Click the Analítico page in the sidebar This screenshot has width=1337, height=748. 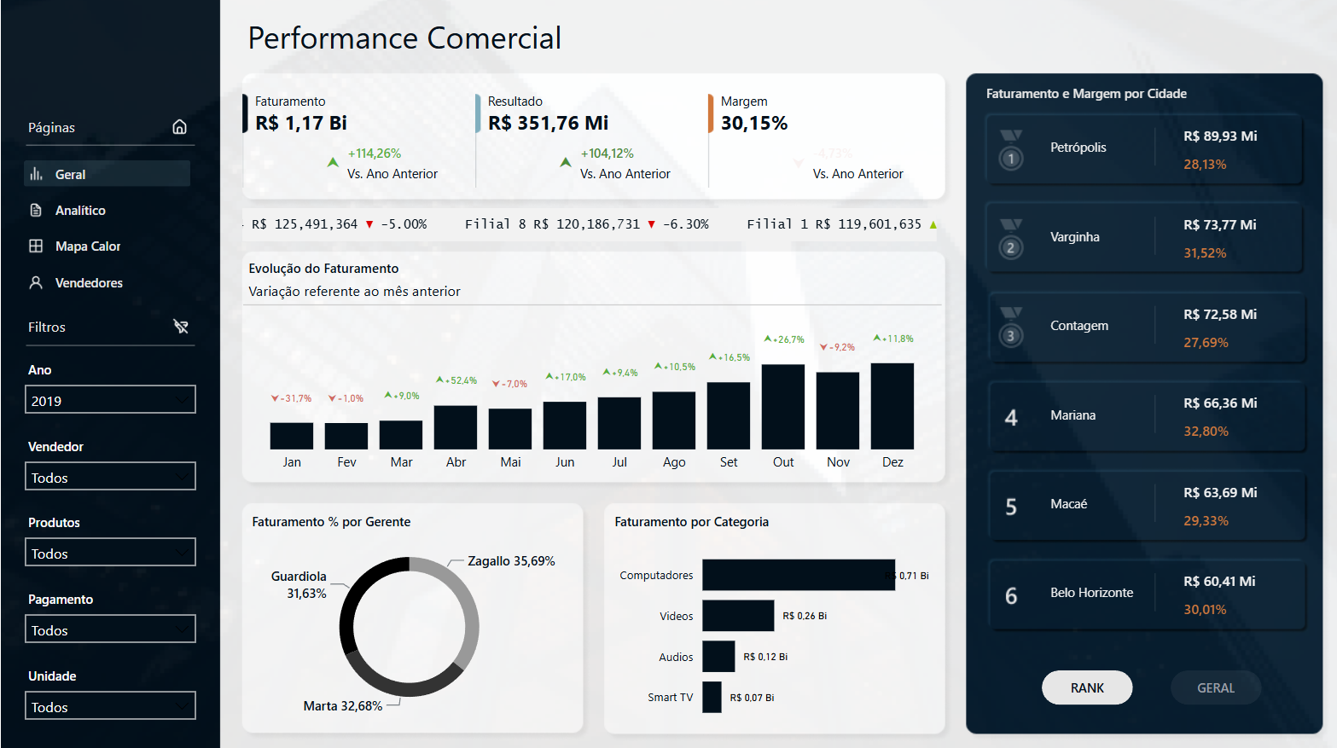79,211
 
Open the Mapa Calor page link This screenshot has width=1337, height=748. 87,246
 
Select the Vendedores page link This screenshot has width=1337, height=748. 88,283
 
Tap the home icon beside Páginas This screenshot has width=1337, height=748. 179,127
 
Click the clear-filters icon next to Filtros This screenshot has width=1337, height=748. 181,327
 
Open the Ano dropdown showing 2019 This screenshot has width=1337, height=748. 110,400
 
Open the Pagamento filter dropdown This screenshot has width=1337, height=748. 110,629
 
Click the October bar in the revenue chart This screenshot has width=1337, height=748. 782,406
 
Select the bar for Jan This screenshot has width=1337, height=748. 291,435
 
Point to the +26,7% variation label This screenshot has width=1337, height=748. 785,339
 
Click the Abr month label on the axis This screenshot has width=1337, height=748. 456,462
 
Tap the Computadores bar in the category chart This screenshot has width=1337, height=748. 798,575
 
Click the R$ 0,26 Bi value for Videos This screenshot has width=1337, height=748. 805,616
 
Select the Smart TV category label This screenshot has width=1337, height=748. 670,698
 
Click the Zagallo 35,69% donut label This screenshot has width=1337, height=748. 511,561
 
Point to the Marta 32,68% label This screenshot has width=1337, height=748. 342,706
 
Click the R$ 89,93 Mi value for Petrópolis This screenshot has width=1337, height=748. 1220,136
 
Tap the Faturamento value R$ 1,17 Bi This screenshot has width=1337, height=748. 301,124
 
